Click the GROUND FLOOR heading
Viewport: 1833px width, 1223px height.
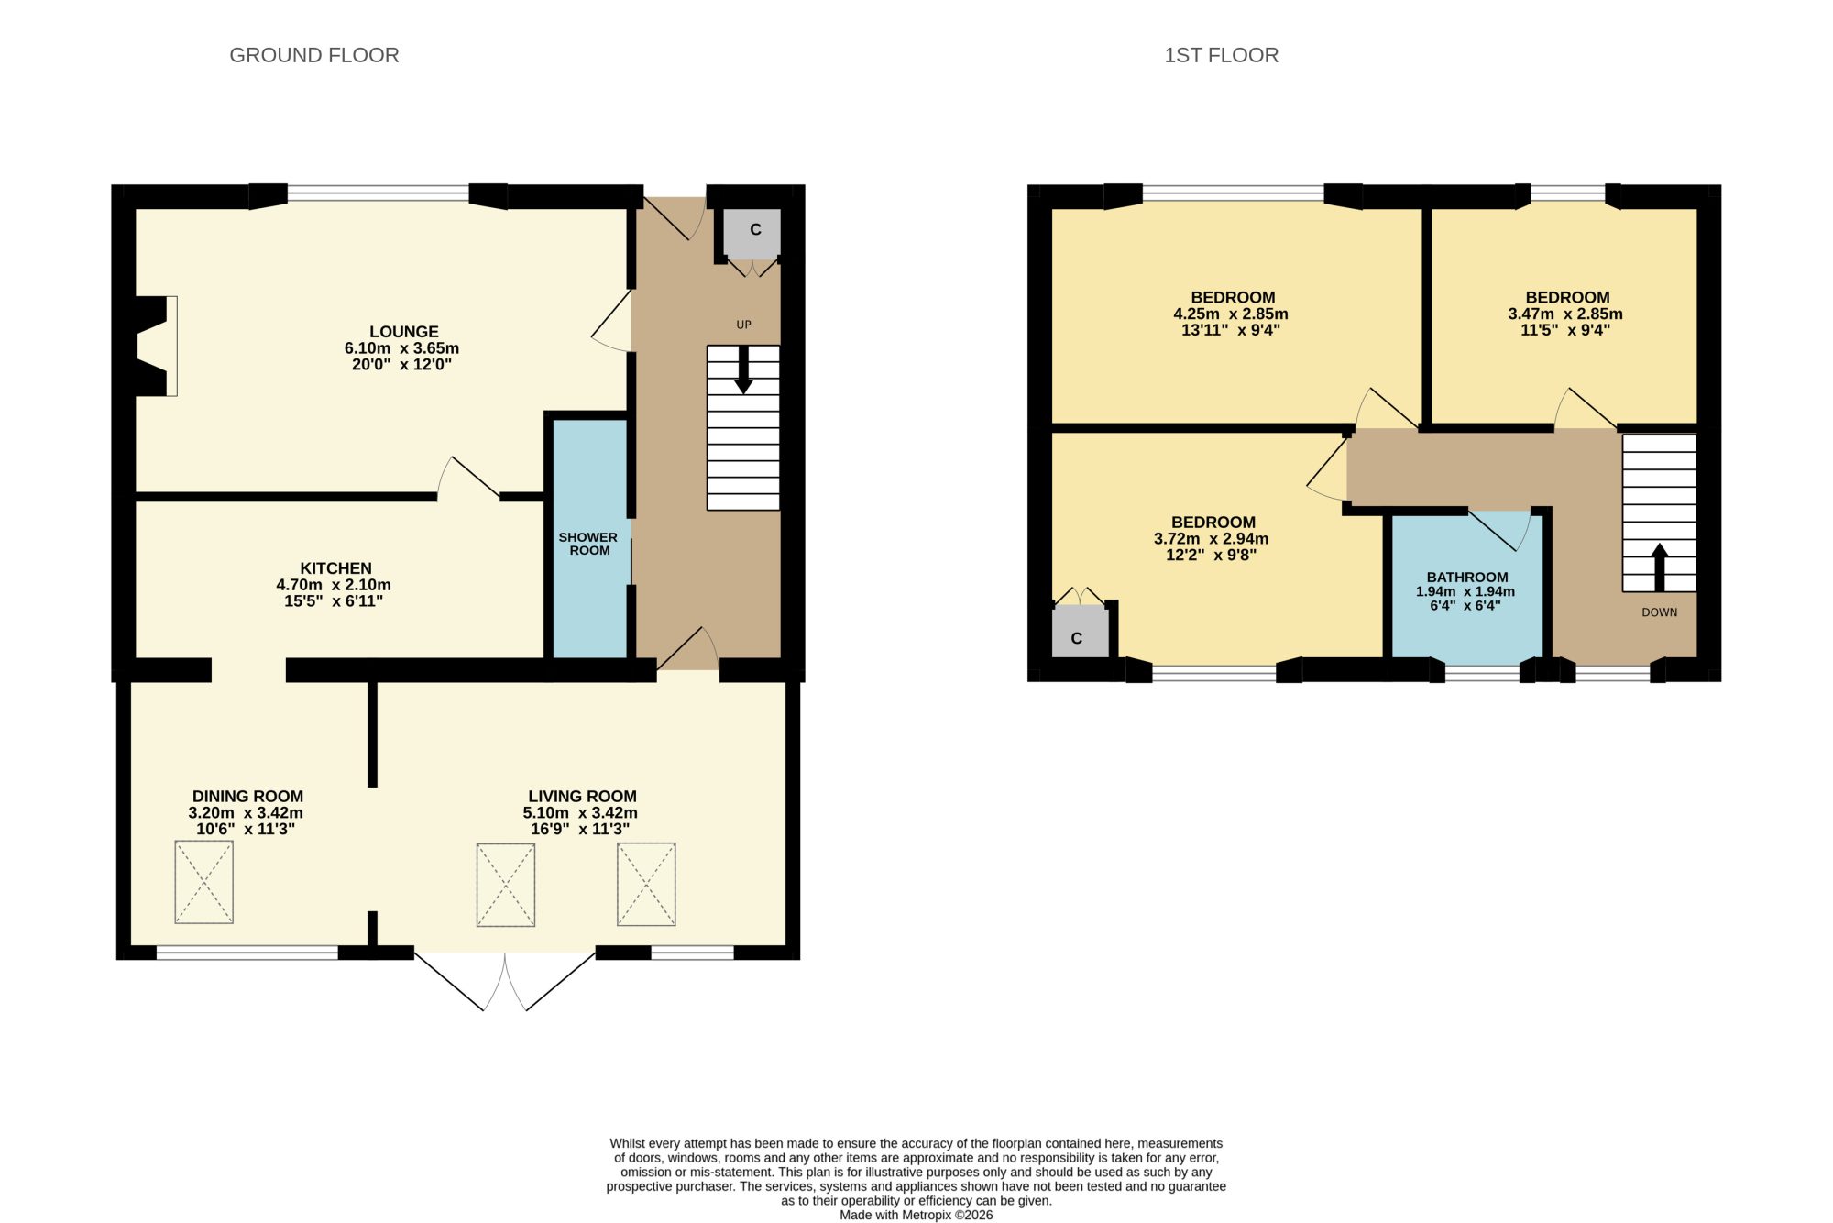pos(314,55)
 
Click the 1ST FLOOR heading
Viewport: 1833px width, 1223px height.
pos(1221,55)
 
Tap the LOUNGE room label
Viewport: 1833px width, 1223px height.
pos(404,332)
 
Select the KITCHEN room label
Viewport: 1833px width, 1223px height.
pos(336,568)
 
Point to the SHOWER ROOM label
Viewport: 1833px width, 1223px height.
pos(588,544)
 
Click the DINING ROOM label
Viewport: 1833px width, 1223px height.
pos(247,797)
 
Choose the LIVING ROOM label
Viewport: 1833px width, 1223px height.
pos(582,797)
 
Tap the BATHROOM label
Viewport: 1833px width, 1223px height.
pos(1467,578)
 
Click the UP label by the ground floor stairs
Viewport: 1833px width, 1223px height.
pos(743,325)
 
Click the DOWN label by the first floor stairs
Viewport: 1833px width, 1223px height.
pos(1659,612)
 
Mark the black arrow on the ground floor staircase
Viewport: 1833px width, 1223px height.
pos(743,369)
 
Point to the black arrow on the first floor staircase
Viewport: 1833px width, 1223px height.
pos(1659,568)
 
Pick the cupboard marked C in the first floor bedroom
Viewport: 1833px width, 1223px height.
pos(1080,632)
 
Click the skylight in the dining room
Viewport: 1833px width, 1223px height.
pos(203,882)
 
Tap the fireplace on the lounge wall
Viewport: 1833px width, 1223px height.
pos(154,346)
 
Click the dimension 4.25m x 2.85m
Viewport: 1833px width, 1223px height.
pos(1230,314)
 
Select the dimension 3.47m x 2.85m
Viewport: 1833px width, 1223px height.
pos(1565,314)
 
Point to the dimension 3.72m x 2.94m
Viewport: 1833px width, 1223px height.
pos(1211,539)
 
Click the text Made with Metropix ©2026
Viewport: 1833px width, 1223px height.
pos(916,1215)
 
